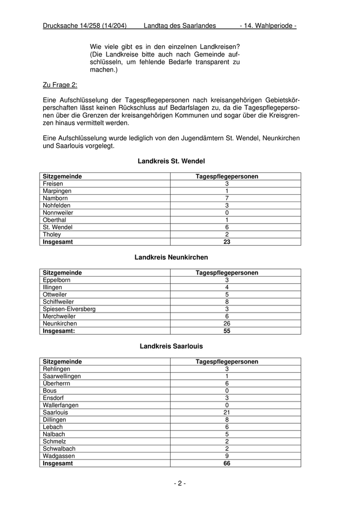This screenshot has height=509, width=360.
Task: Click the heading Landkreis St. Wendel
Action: [171, 161]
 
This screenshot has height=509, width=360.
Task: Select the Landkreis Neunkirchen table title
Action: [171, 258]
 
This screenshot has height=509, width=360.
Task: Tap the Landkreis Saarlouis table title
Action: [171, 347]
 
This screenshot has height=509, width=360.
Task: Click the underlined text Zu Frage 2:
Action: [60, 85]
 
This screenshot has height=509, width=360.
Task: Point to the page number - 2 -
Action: [179, 483]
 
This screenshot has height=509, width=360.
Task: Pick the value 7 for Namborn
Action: [227, 198]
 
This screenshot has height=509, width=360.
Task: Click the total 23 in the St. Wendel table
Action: [227, 242]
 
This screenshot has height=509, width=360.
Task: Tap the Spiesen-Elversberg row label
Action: [69, 309]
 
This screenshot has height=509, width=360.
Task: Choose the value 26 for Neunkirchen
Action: [227, 323]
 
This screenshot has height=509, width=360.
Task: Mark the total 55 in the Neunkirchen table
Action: [227, 331]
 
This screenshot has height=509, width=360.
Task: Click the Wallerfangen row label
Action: [61, 405]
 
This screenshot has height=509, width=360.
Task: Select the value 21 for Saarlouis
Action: [227, 412]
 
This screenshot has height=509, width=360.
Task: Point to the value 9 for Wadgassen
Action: [227, 456]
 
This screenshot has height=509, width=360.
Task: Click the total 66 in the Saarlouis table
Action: [227, 463]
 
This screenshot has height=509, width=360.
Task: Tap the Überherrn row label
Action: [57, 384]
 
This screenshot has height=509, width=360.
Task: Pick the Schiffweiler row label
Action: [58, 302]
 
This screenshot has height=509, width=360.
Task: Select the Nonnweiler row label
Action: [58, 212]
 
